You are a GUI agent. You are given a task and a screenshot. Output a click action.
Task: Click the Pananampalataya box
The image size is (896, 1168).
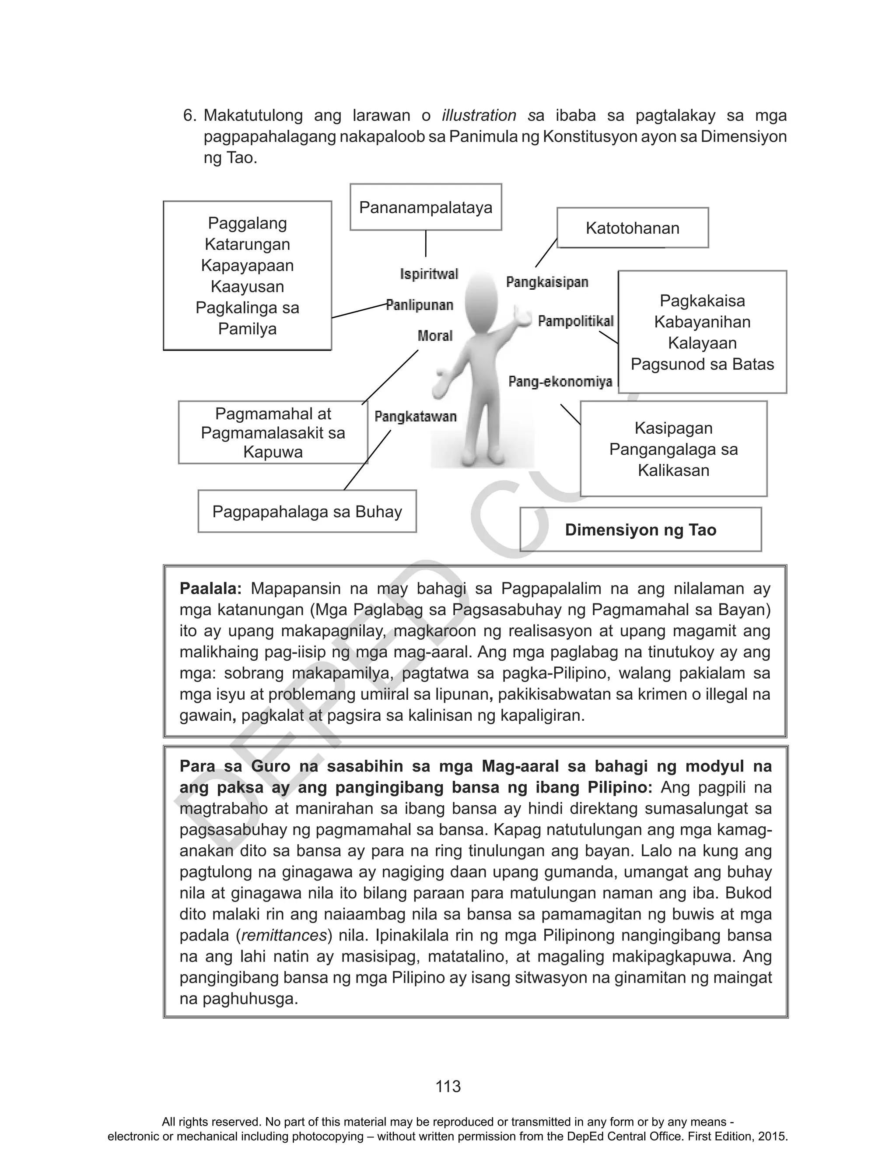click(x=426, y=207)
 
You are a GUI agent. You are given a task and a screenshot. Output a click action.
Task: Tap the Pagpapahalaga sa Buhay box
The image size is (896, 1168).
click(x=307, y=512)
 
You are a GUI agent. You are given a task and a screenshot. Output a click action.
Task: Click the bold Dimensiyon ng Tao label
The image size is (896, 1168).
click(x=640, y=530)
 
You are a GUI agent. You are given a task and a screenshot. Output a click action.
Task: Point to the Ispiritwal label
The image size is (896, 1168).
click(x=429, y=274)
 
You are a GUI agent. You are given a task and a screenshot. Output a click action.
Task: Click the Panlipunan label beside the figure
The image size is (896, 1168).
click(x=420, y=305)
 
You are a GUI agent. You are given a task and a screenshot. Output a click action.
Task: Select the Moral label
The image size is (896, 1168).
click(x=435, y=336)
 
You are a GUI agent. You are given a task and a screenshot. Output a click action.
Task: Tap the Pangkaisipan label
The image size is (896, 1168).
click(x=547, y=282)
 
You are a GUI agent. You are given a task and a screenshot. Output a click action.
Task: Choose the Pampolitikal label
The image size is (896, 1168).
click(x=575, y=321)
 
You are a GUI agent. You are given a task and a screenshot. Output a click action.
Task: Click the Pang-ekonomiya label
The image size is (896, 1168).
click(x=560, y=382)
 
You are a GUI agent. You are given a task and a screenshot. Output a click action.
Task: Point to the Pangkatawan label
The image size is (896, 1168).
click(x=416, y=417)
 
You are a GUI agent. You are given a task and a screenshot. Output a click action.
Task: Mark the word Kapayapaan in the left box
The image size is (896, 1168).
click(x=248, y=266)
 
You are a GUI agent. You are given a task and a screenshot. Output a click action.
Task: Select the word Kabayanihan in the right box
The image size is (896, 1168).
click(x=702, y=322)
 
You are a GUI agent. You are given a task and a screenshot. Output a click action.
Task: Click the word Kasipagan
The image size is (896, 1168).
click(x=674, y=428)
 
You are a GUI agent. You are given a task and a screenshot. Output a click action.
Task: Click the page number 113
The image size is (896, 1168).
click(x=448, y=1087)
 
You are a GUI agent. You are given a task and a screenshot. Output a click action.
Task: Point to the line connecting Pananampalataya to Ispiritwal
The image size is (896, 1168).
click(x=426, y=244)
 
